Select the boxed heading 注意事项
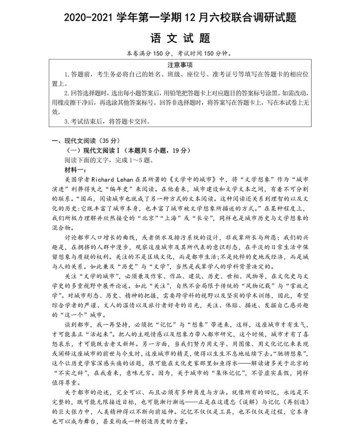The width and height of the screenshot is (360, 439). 180,65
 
